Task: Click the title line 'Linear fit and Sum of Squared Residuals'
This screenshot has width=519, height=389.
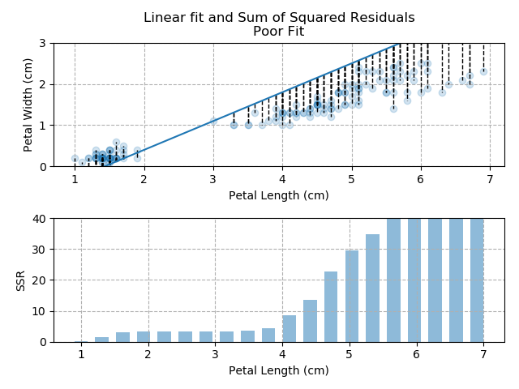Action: point(279,18)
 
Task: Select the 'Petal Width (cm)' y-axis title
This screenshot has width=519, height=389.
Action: point(28,105)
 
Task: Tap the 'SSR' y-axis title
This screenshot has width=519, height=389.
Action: point(21,280)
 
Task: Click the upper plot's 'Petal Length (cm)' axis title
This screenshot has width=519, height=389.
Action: point(279,195)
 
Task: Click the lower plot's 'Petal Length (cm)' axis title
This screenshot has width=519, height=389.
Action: point(279,370)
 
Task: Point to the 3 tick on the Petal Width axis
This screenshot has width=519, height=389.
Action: point(43,44)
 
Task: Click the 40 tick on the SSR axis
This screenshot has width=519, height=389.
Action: point(40,219)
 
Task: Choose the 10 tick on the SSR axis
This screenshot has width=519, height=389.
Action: point(40,311)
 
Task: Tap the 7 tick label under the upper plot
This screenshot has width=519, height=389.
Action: point(490,179)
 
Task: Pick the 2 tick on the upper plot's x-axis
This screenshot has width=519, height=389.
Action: point(144,179)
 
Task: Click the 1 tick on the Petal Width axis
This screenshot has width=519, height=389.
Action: point(43,126)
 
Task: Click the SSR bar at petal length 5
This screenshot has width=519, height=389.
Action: point(352,297)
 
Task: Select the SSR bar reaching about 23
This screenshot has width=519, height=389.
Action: point(331,306)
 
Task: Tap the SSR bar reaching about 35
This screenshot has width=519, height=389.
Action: point(373,288)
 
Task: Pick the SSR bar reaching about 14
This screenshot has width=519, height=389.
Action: point(310,321)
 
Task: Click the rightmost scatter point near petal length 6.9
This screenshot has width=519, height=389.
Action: point(483,71)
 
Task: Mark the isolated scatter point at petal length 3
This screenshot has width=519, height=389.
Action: point(213,121)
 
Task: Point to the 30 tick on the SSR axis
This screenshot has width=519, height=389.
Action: point(40,250)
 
